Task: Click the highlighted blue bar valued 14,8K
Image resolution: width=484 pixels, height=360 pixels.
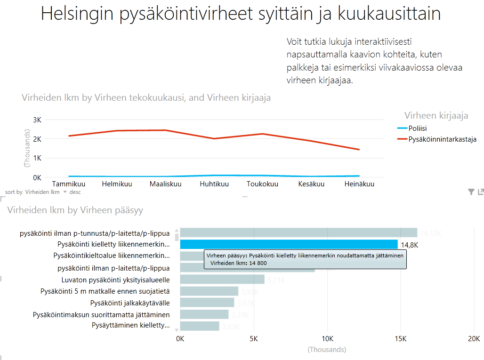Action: (x=289, y=244)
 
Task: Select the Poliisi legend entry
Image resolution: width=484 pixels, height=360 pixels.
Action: (x=418, y=128)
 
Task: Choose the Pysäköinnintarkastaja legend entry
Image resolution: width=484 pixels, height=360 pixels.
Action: (x=442, y=139)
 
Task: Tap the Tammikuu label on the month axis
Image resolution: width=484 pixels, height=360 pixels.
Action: (x=68, y=184)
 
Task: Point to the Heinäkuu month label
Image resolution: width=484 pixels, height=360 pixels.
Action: (x=359, y=184)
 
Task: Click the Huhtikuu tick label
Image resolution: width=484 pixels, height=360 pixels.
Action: (x=214, y=184)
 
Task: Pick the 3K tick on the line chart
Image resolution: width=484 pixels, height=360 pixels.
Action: (x=37, y=120)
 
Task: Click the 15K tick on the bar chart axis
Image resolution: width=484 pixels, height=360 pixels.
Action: (x=401, y=339)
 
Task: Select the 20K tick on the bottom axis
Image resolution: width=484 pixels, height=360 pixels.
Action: (x=473, y=339)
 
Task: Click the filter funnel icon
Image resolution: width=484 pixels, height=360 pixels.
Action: (x=471, y=192)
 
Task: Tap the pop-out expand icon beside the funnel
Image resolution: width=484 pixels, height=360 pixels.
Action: (x=481, y=192)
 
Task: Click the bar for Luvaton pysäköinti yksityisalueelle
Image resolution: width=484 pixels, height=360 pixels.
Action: (x=222, y=280)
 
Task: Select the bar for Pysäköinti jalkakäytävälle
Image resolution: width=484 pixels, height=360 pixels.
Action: (x=207, y=303)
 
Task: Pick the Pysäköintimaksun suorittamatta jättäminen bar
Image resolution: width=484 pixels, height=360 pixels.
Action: (x=204, y=314)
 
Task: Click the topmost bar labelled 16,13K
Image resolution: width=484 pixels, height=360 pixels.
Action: (x=298, y=232)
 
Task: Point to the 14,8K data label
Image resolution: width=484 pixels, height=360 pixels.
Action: (x=410, y=245)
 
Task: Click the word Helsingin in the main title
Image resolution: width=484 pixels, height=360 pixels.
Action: (x=77, y=14)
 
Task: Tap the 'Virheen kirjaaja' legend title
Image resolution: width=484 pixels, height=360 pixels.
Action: (x=436, y=115)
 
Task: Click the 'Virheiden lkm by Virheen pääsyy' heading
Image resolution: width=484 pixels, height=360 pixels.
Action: (x=75, y=210)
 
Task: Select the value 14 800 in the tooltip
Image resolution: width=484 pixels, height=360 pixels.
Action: (x=257, y=263)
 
